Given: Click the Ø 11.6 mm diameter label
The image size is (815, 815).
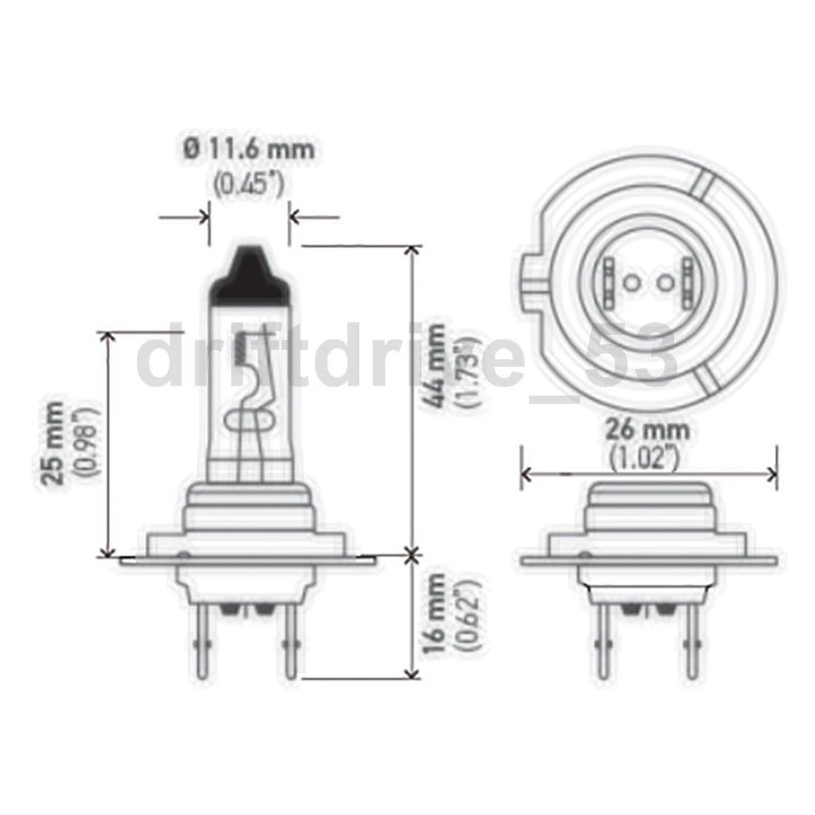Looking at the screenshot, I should pos(249,149).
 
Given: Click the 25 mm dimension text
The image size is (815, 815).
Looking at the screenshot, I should pos(53,441).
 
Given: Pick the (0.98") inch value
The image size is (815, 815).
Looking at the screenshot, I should pos(87,441).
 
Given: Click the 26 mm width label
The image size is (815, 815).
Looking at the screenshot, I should pos(647,429).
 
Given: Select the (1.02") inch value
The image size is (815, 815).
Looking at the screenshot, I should pos(647,458).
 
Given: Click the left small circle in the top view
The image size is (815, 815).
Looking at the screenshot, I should pos(631,282).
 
